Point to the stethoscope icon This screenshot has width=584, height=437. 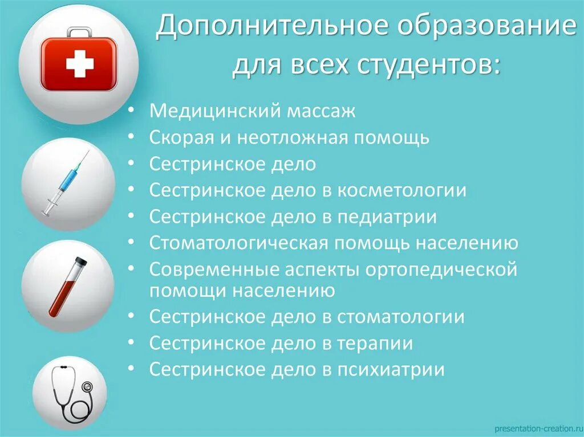pos(71,393)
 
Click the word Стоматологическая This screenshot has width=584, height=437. pos(238,244)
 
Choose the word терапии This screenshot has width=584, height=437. pos(375,344)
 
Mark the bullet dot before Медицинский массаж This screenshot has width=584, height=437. pos(132,111)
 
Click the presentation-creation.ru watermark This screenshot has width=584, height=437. pos(536,427)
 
